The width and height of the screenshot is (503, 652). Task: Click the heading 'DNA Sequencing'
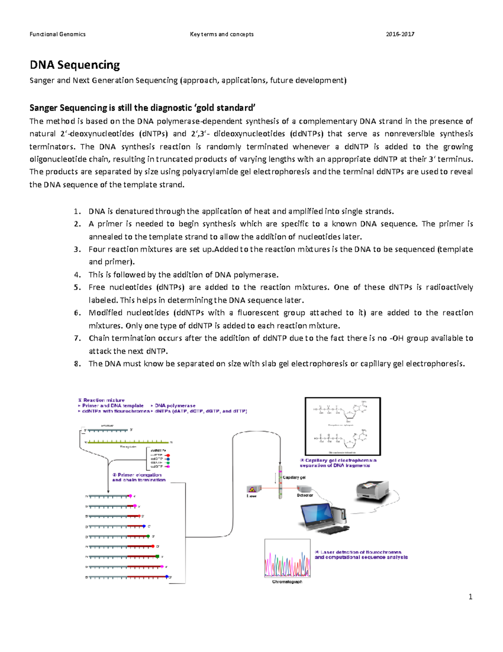[75, 65]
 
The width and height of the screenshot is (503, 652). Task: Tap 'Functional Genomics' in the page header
[57, 34]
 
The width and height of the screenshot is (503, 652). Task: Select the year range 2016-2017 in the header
[400, 34]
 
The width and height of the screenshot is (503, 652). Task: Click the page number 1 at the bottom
[470, 597]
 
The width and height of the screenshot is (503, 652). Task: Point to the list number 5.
[77, 288]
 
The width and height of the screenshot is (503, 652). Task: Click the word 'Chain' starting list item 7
[99, 338]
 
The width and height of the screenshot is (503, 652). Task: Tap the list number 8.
[77, 364]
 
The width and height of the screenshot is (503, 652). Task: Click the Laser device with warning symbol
[254, 489]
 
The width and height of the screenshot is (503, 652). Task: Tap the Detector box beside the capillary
[304, 489]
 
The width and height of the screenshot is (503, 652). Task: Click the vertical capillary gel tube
[280, 482]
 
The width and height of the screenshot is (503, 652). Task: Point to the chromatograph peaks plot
[287, 558]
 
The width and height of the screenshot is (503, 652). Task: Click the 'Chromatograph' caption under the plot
[287, 582]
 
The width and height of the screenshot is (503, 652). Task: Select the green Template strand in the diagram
[128, 442]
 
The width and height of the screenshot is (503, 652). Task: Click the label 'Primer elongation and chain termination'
[139, 477]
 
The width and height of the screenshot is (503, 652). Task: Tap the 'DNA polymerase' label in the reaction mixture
[175, 406]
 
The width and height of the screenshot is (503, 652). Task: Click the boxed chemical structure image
[342, 426]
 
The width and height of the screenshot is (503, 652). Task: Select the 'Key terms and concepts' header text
[221, 34]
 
